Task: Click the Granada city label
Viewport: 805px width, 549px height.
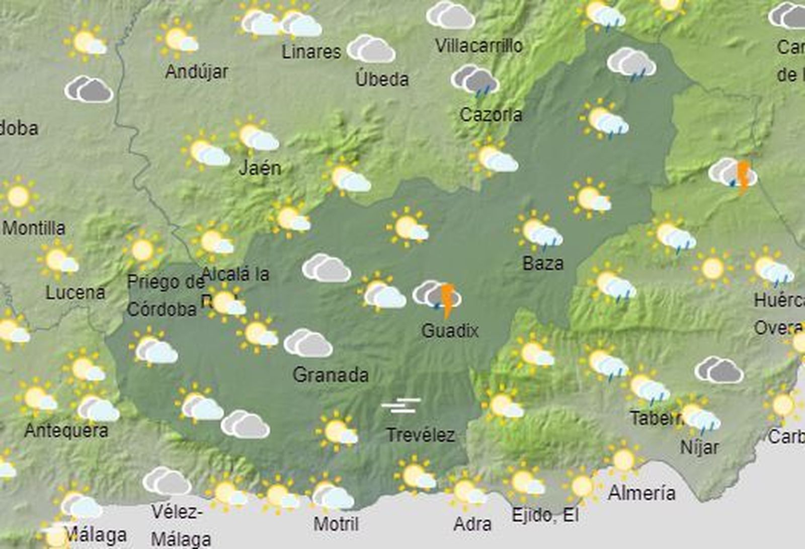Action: click(x=331, y=375)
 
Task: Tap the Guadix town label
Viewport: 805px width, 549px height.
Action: click(x=450, y=331)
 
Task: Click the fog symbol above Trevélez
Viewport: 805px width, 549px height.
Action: click(x=400, y=405)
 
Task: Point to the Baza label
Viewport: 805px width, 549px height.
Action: click(x=543, y=263)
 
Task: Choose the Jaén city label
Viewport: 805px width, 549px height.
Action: click(x=260, y=167)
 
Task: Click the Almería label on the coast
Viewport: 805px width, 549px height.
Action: click(x=641, y=492)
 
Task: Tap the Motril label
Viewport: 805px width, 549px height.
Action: click(x=336, y=524)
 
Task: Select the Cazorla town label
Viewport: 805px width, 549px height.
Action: click(x=491, y=115)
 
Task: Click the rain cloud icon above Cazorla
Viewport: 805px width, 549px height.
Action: click(x=475, y=81)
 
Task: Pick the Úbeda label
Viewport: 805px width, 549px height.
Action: click(x=382, y=79)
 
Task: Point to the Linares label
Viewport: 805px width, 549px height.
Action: click(x=311, y=51)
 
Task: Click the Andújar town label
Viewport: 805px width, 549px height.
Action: click(x=196, y=71)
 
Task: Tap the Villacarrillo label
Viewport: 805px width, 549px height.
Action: click(x=478, y=46)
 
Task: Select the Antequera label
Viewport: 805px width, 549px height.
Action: click(x=66, y=431)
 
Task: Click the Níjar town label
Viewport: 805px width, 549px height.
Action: click(x=699, y=447)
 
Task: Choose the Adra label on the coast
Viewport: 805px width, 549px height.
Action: click(x=472, y=524)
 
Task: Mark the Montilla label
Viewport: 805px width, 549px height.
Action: click(x=34, y=228)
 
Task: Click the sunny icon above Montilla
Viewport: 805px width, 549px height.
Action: click(x=19, y=196)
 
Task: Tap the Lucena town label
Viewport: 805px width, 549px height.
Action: click(x=75, y=292)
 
